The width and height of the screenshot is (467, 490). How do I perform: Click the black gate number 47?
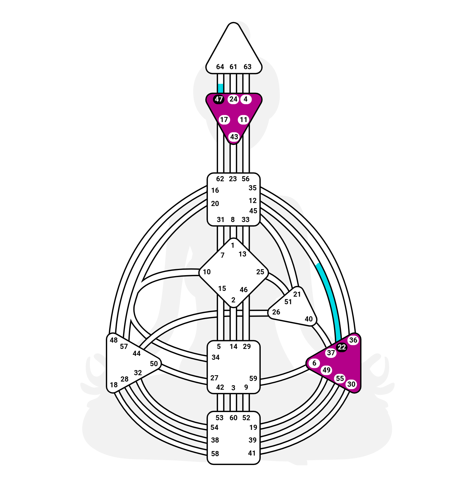point(218,99)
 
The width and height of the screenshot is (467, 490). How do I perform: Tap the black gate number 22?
point(341,347)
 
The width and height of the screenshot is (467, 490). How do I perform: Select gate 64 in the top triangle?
point(220,67)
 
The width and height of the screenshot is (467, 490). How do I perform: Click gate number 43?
point(234,137)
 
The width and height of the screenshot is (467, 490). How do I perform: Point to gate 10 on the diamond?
point(207,272)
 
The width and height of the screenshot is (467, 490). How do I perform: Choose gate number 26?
point(276,312)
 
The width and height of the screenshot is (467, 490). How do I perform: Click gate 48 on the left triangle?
point(114,340)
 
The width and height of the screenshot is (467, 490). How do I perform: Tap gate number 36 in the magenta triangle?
point(353,340)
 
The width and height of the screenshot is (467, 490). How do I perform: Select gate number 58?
point(215,454)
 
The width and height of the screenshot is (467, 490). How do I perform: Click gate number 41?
point(252,453)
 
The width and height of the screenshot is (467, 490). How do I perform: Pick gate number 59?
point(253,379)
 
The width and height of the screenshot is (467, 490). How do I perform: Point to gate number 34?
point(216,357)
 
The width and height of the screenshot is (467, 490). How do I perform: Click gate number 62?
point(220,179)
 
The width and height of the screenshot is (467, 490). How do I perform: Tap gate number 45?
point(253,211)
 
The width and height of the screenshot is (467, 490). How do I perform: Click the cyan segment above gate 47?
point(220,89)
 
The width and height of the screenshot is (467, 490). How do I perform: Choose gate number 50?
point(154,364)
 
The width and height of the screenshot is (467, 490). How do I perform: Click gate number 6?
point(314,363)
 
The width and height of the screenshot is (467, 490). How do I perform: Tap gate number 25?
point(260,272)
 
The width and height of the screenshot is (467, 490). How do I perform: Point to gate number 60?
point(234,418)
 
